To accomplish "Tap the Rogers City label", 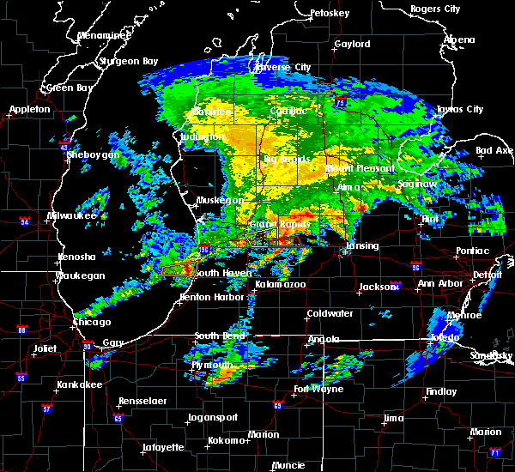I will click(436, 9).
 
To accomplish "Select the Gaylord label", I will click(352, 44).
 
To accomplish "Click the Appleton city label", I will click(28, 110).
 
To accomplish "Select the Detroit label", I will click(487, 275).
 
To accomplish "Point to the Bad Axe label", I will click(494, 151).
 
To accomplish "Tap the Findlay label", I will click(440, 391).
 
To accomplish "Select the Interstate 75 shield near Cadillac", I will click(342, 103).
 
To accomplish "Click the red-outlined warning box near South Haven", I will click(176, 269).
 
